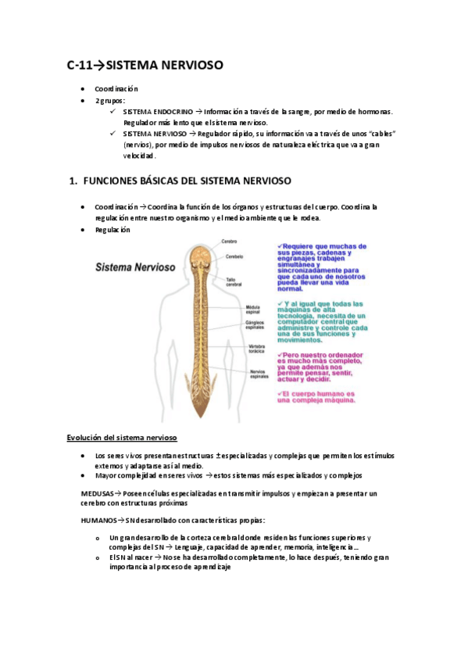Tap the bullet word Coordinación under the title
click(116, 89)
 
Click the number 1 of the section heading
click(73, 181)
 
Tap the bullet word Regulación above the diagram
click(113, 230)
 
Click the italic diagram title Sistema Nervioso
click(135, 267)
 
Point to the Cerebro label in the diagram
click(228, 241)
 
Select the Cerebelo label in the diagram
click(234, 256)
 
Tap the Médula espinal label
click(254, 310)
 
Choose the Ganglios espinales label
click(256, 324)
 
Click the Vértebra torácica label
click(258, 349)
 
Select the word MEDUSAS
click(98, 493)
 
